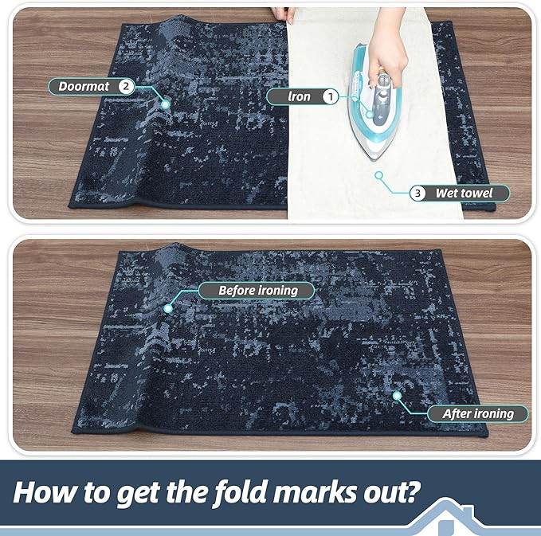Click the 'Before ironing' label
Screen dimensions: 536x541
coord(257,291)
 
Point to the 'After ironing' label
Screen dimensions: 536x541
coord(477,413)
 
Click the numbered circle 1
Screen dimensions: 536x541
coord(328,97)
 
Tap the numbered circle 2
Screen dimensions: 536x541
coord(125,86)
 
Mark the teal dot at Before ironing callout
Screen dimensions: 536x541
coord(168,307)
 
